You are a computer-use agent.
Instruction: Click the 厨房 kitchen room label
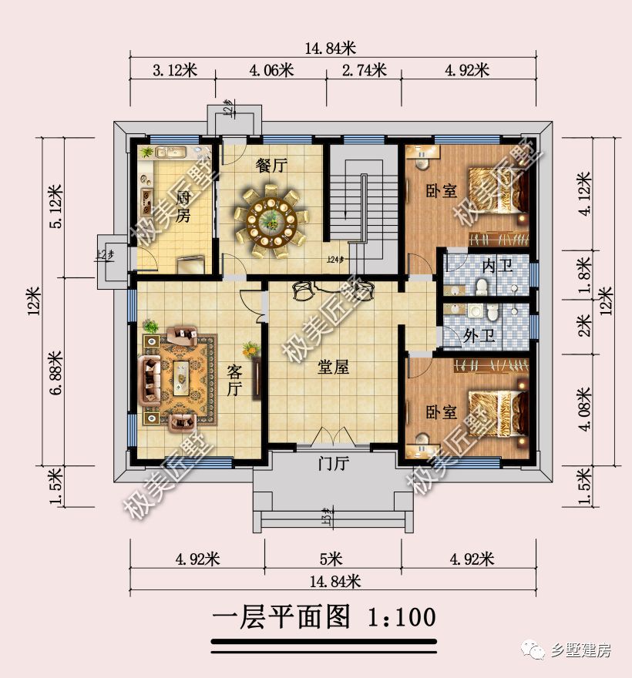(x=183, y=205)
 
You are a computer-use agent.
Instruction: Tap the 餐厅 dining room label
(x=271, y=165)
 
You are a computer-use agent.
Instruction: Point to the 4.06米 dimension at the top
(x=271, y=71)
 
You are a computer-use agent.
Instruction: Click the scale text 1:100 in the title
(x=402, y=617)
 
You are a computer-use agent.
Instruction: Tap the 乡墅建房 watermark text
(x=582, y=650)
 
